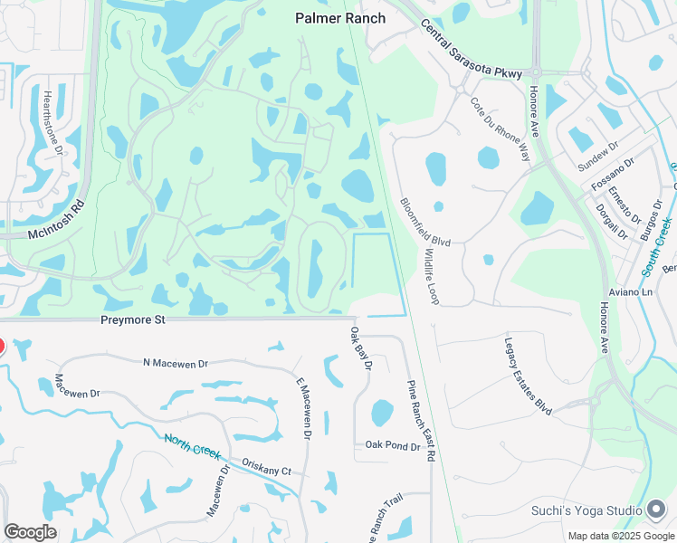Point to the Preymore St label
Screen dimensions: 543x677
tap(133, 319)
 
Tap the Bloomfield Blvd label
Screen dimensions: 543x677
tap(424, 222)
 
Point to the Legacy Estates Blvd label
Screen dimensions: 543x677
tap(528, 376)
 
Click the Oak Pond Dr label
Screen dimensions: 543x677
tap(392, 445)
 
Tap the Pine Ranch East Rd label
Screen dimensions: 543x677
tap(420, 420)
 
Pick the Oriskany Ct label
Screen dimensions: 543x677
tap(266, 465)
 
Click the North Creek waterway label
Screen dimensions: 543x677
tap(193, 447)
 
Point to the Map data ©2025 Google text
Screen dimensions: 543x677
tap(620, 536)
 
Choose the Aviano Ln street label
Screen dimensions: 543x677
tap(634, 293)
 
